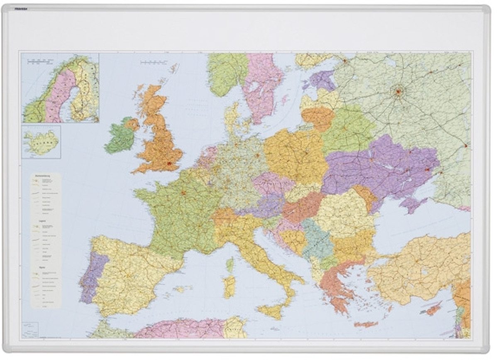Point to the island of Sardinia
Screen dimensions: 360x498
point(229,287)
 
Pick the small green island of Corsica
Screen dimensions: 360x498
point(229,264)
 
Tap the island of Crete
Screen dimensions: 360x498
point(366,324)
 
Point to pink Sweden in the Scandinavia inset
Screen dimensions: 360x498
point(58,96)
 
